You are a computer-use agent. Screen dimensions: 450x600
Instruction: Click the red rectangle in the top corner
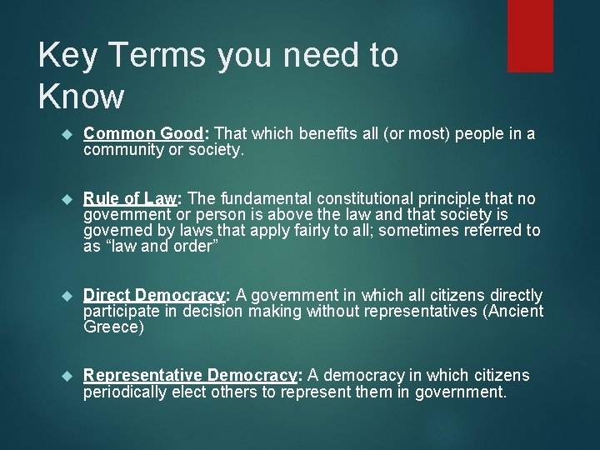coord(530,35)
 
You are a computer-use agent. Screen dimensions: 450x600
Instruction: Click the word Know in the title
coord(81,97)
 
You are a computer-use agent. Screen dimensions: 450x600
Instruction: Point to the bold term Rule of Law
coord(131,199)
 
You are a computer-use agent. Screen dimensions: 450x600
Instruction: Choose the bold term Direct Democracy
coord(155,296)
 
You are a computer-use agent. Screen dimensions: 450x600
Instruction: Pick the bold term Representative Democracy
coord(189,376)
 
